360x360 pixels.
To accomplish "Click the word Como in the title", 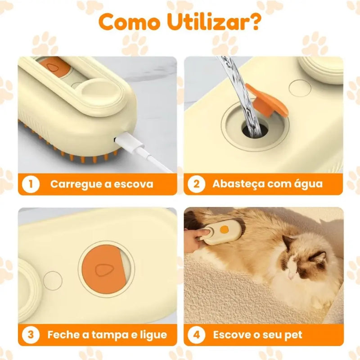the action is [x=130, y=22].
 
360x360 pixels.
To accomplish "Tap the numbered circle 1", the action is [x=31, y=184].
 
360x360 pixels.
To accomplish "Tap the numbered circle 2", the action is [x=196, y=184].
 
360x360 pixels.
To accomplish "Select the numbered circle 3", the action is [x=31, y=335].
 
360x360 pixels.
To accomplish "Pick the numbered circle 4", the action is [x=196, y=335].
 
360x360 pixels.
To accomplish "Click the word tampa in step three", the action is [x=110, y=335].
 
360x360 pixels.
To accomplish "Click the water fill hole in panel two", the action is [x=255, y=130].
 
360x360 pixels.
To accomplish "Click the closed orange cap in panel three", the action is [x=104, y=269].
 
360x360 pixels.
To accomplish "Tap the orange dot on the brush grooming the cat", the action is [x=224, y=229].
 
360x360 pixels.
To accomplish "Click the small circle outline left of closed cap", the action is [x=53, y=281].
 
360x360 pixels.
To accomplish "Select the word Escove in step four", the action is [x=232, y=335].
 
